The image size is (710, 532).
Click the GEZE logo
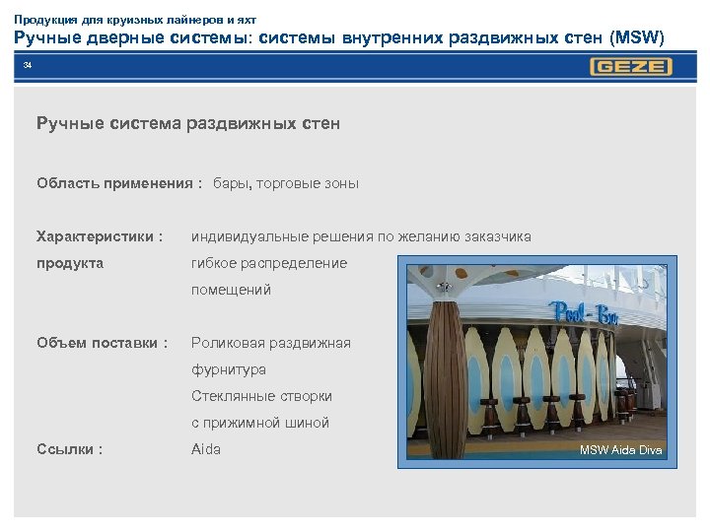click(x=631, y=67)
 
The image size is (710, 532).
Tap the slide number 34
click(x=28, y=65)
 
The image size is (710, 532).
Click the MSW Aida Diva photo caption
click(x=621, y=450)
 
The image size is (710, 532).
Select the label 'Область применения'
click(x=114, y=183)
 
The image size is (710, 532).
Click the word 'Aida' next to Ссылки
click(x=206, y=449)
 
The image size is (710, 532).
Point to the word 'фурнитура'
click(x=229, y=369)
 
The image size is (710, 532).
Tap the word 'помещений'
click(x=231, y=290)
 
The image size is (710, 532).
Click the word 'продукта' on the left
click(x=70, y=263)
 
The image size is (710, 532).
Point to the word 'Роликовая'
click(x=227, y=343)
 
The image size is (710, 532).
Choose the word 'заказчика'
click(x=497, y=236)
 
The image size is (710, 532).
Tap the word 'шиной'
click(x=306, y=423)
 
